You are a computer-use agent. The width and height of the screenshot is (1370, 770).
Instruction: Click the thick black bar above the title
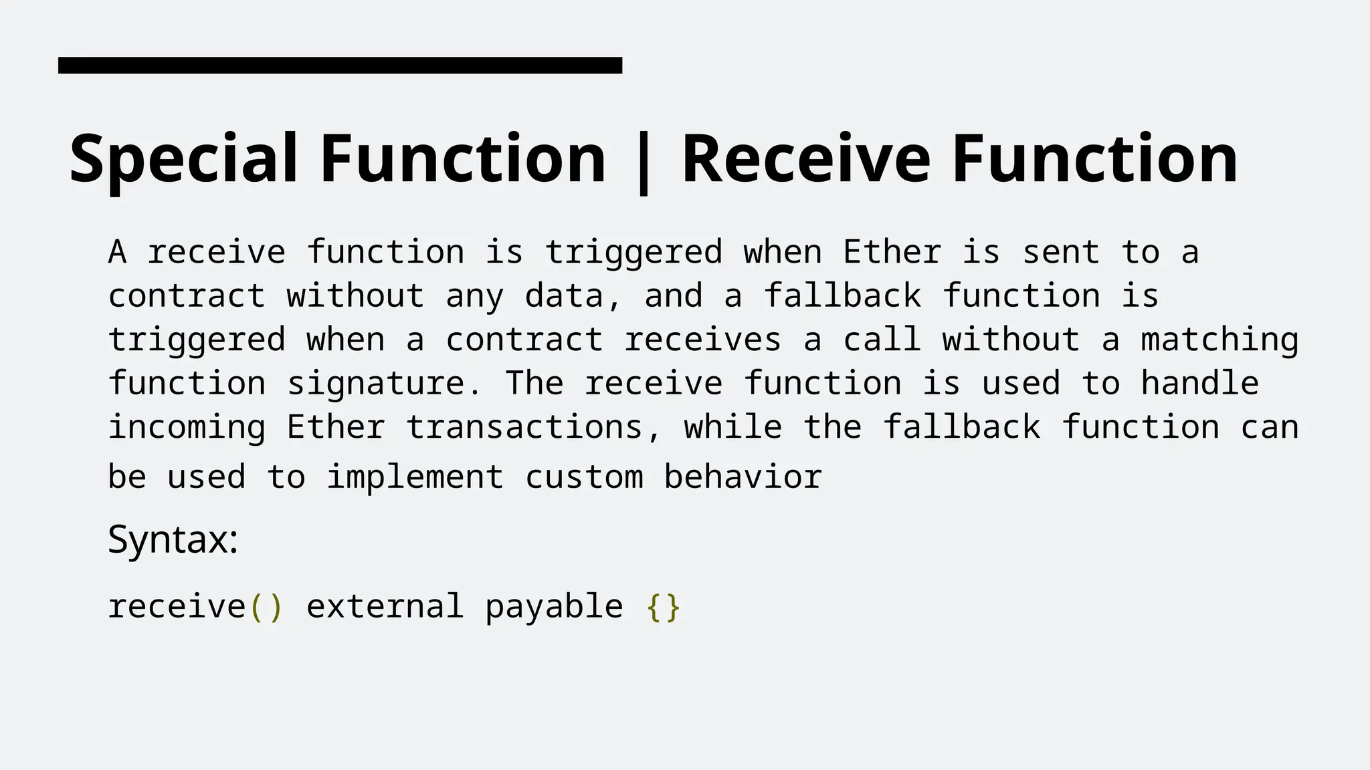click(340, 65)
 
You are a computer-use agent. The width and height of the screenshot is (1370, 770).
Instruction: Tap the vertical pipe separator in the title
click(644, 162)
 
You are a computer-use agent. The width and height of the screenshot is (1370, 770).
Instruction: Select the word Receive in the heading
click(805, 159)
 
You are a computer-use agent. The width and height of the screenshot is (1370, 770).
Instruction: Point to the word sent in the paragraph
click(1061, 253)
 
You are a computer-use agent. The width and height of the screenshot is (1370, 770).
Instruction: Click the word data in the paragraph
click(564, 296)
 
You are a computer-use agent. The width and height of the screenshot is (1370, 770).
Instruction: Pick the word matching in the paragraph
click(1219, 340)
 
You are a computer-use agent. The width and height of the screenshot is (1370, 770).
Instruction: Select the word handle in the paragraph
click(1199, 384)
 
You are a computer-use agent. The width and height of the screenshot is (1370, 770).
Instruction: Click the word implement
click(415, 477)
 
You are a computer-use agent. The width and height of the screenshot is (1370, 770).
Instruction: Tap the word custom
click(584, 477)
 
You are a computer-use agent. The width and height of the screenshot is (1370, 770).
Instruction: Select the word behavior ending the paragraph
click(743, 477)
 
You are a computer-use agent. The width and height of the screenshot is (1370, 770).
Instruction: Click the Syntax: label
click(173, 539)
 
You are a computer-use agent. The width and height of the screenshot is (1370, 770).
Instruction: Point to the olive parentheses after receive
click(266, 607)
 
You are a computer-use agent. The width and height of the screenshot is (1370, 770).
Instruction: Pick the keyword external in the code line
click(385, 607)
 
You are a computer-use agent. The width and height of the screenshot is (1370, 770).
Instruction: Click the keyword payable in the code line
click(554, 607)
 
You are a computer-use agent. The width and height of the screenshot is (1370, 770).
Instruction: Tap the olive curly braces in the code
click(663, 607)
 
